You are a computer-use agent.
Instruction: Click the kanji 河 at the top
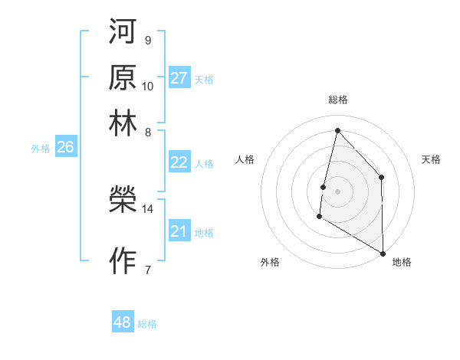(123, 33)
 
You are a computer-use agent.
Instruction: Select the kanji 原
(123, 77)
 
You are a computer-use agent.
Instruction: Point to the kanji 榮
(123, 201)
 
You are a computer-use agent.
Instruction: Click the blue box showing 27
(179, 78)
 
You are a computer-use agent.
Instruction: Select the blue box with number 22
(179, 162)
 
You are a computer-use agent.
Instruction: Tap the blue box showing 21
(179, 231)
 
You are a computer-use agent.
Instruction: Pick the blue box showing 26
(65, 148)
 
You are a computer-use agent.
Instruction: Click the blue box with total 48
(123, 322)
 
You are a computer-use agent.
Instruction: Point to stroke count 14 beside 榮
(148, 208)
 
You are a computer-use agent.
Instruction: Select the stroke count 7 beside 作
(148, 269)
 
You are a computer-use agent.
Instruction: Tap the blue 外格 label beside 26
(41, 149)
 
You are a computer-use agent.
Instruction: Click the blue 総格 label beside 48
(147, 324)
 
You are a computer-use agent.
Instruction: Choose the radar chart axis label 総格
(337, 100)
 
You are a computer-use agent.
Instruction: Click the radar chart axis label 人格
(245, 159)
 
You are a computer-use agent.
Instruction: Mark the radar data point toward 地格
(383, 253)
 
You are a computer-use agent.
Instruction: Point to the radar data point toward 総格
(337, 130)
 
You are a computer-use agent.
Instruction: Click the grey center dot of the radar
(337, 191)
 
